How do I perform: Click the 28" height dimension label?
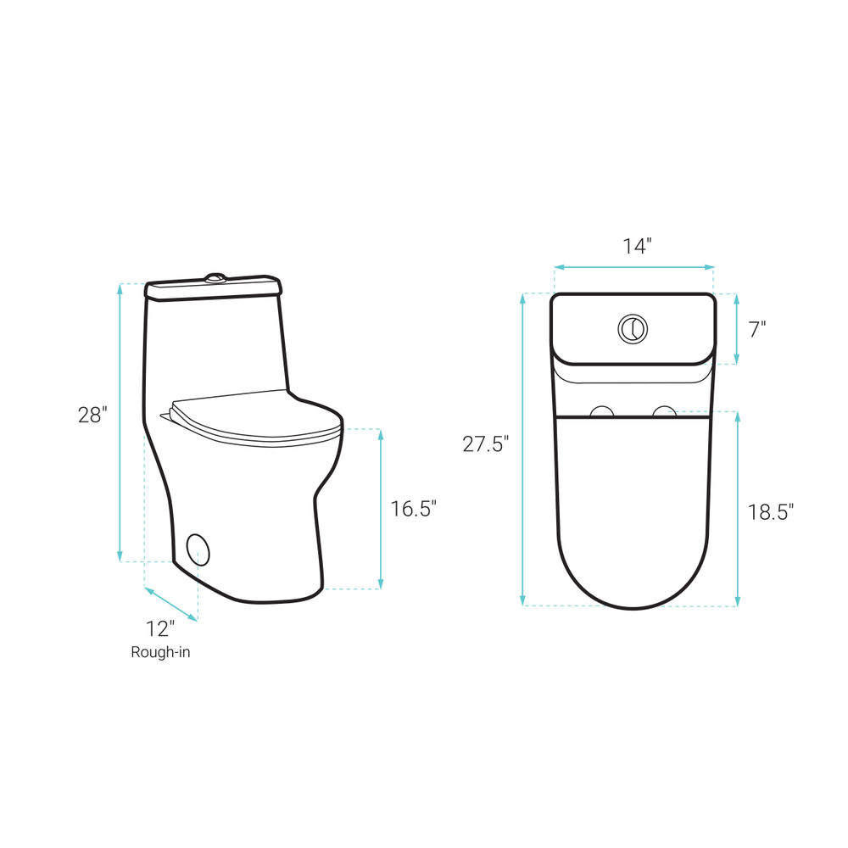92,415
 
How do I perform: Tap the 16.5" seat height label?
413,508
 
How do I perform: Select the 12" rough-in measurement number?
160,628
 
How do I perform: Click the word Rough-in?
160,652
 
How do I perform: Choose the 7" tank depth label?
757,329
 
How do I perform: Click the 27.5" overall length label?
486,444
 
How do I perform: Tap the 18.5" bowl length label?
771,511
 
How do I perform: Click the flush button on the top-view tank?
633,328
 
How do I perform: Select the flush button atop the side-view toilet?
215,278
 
